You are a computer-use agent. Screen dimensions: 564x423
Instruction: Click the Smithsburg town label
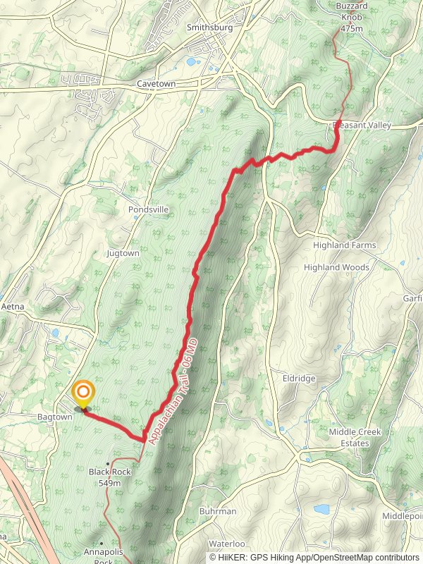[x=204, y=27]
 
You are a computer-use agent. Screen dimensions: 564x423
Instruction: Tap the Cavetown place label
[x=156, y=83]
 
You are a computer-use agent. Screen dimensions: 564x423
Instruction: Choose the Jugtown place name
[x=123, y=252]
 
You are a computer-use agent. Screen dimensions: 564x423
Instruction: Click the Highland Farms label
[x=345, y=245]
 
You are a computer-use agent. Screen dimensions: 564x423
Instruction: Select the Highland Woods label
[x=336, y=267]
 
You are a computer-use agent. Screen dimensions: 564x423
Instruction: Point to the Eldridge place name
[x=299, y=378]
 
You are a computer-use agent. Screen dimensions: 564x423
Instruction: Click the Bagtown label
[x=55, y=417]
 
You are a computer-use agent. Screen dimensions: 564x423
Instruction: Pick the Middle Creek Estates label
[x=349, y=437]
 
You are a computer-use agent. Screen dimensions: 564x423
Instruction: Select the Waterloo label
[x=226, y=544]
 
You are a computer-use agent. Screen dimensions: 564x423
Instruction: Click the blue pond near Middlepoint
[x=321, y=508]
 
